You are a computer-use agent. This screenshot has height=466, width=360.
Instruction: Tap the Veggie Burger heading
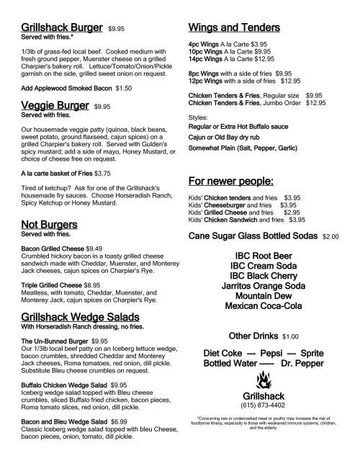[55, 105]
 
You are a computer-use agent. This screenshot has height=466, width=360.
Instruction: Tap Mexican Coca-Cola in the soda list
[263, 305]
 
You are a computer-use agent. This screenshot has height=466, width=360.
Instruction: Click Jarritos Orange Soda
[263, 285]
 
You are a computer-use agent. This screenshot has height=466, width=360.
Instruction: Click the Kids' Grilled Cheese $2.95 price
[292, 212]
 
